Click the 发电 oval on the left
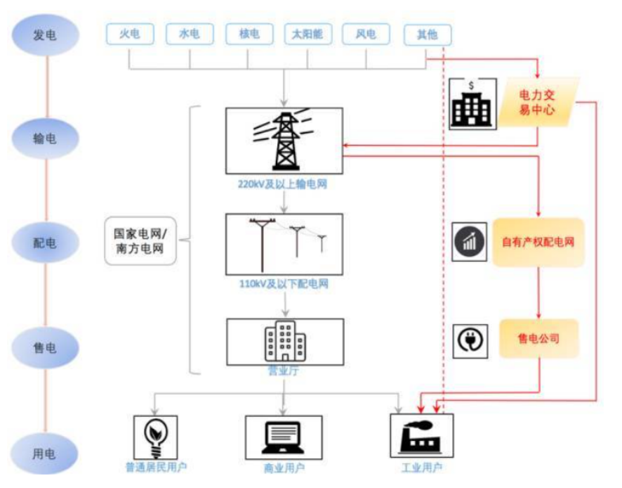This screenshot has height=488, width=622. pos(45,34)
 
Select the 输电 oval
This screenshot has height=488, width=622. pos(45,139)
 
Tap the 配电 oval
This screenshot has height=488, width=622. pos(45,242)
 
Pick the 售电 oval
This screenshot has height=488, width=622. pos(45,345)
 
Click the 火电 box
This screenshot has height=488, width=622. pos(130,34)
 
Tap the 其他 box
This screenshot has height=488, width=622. pos(428,34)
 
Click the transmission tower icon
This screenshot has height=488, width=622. pos(284,141)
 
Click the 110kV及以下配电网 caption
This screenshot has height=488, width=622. pos(284,285)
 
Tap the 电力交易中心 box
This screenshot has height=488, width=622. pos(537,103)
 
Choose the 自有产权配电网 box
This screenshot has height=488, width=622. pos(538,242)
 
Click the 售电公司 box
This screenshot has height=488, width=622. pos(538,338)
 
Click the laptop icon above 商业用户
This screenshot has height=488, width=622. pos(284,437)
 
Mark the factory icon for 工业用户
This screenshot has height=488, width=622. pos(421,437)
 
